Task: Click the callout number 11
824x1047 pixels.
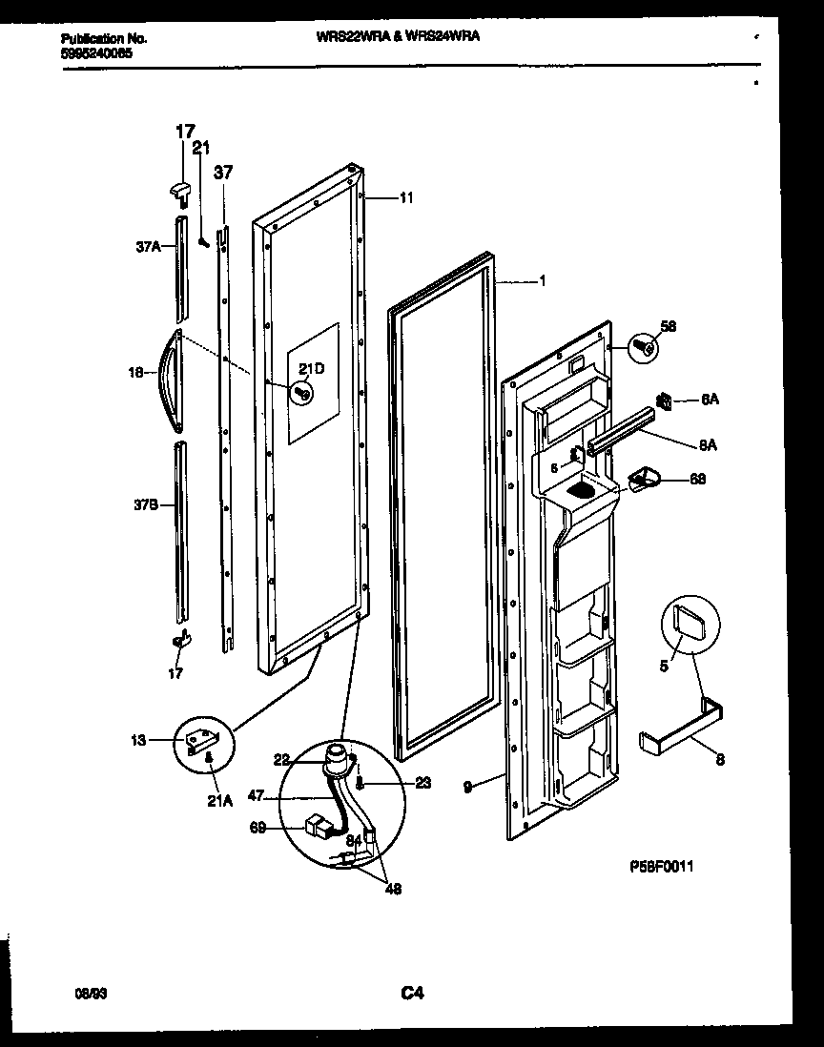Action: tap(406, 198)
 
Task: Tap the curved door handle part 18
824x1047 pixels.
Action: tap(170, 376)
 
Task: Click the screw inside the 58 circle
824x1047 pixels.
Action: tap(646, 349)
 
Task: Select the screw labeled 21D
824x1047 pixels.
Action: tap(303, 392)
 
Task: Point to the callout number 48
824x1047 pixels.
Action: tap(392, 891)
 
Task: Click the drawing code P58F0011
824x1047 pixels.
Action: tap(661, 867)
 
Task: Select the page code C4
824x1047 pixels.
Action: tap(412, 995)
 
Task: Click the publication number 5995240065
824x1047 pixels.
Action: tap(97, 53)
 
